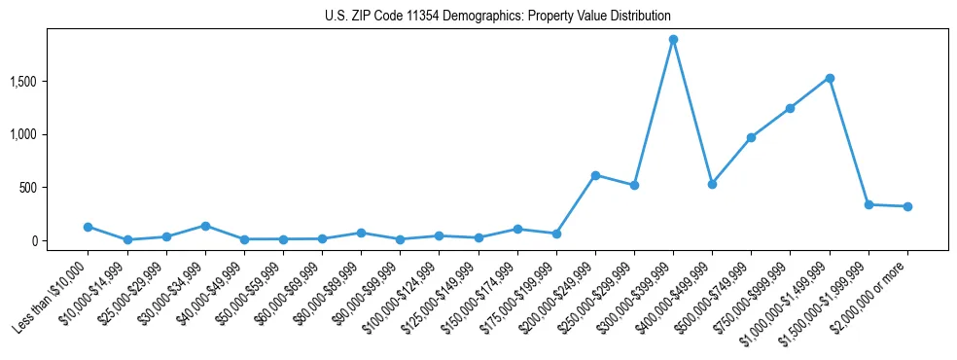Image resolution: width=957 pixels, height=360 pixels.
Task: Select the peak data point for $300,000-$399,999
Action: point(673,40)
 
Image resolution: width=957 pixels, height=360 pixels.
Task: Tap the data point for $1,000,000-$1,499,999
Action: point(829,78)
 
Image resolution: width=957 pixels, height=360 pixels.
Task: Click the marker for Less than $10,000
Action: point(88,227)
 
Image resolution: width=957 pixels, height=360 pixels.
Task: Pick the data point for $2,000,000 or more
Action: point(907,206)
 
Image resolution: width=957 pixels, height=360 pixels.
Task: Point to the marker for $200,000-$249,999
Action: point(595,175)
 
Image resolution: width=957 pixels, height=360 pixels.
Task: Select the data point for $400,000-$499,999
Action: point(712,184)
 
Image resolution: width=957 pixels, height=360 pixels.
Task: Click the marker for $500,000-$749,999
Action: point(751,137)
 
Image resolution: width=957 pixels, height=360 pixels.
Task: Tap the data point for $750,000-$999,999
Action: point(790,108)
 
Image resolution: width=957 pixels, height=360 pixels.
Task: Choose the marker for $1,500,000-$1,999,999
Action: point(868,204)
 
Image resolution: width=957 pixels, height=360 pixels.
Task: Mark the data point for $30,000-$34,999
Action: point(205,226)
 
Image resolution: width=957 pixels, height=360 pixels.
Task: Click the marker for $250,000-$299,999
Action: point(634,185)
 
